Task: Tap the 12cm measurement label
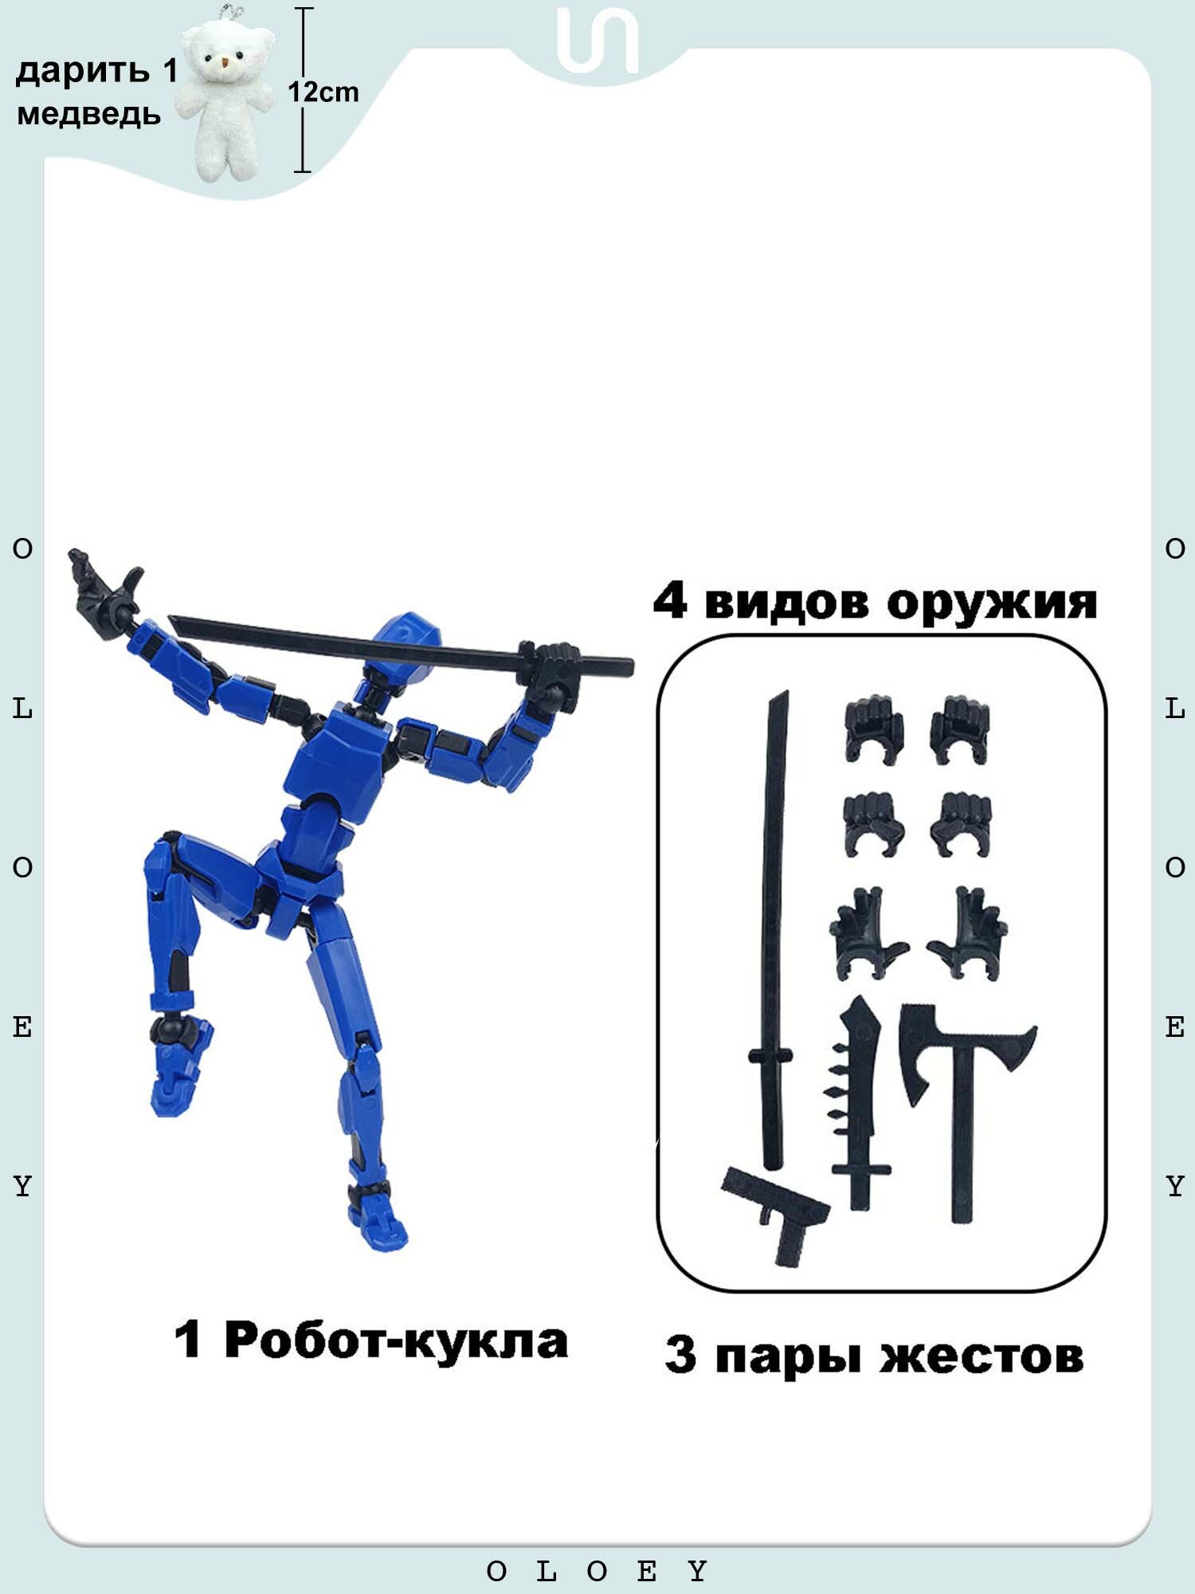[323, 92]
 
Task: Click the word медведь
[88, 115]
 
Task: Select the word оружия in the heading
[992, 603]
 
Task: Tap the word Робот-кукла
[396, 1341]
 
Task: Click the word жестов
[981, 1356]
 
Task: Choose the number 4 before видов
[669, 601]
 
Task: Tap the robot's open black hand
[104, 586]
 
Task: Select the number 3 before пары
[680, 1356]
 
